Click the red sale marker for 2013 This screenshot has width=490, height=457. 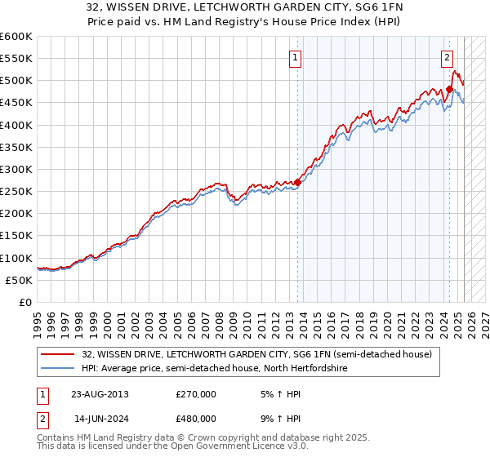[x=297, y=183]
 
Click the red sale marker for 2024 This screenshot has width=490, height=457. [x=449, y=90]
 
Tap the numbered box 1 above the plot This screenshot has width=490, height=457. [x=294, y=57]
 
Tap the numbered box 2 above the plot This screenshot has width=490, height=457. [x=448, y=57]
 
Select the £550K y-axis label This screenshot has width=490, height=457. [x=16, y=59]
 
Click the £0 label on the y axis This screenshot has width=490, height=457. [x=26, y=302]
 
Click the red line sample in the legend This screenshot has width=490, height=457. [x=59, y=354]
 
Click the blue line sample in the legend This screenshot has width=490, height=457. [x=59, y=369]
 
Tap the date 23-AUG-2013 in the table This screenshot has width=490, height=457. [x=100, y=394]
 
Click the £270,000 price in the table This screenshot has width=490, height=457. [x=195, y=394]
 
